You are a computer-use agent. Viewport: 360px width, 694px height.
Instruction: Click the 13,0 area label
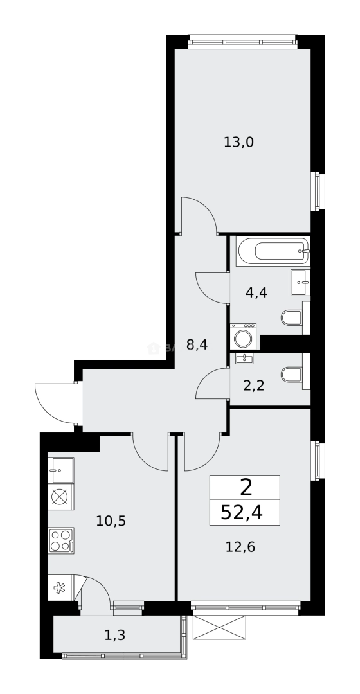(x=239, y=142)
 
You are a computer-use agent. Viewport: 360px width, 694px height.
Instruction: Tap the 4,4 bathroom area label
(x=256, y=292)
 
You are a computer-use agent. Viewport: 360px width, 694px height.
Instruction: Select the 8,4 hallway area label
(x=197, y=344)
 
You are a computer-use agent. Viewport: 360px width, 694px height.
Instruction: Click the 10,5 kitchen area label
(x=111, y=520)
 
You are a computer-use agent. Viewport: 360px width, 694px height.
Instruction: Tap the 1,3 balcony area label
(x=114, y=636)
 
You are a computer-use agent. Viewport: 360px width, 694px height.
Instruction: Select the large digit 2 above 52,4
(x=246, y=488)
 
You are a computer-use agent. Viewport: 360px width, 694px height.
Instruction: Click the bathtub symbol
(x=273, y=251)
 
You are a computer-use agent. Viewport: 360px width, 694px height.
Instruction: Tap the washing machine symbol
(x=244, y=336)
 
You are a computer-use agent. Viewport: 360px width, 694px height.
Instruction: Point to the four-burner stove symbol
(x=61, y=540)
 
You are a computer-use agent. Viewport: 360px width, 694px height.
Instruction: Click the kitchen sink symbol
(x=61, y=470)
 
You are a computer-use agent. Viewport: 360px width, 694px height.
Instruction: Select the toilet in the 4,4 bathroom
(x=292, y=317)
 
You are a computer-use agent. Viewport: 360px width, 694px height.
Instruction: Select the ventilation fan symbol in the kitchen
(x=60, y=587)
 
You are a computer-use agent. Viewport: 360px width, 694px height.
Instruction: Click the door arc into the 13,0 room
(x=201, y=212)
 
